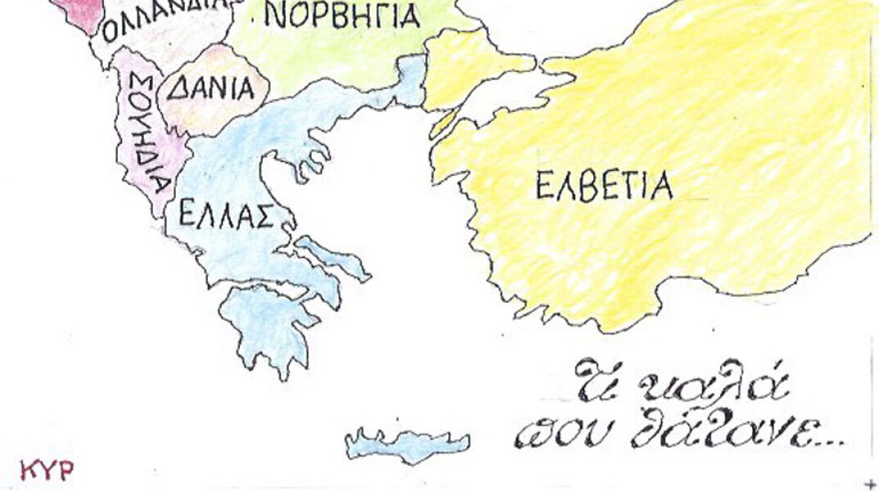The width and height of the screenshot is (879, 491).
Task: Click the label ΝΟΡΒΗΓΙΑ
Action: coord(344,16)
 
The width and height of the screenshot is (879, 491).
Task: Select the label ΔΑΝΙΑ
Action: coord(211,88)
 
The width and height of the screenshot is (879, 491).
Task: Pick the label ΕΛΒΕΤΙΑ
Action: coord(604,187)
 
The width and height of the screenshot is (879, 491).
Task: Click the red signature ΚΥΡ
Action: coord(47,470)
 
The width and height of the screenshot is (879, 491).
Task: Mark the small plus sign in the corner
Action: coord(869,483)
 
